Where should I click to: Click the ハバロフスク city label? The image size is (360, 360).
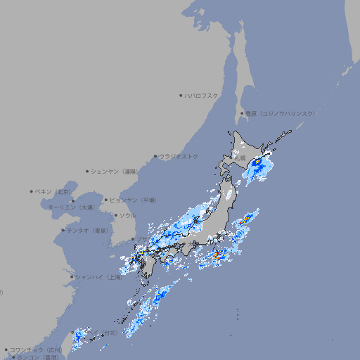tap(202, 95)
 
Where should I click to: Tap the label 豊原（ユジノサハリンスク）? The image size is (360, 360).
tap(280, 113)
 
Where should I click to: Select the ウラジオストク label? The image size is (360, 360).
tap(179, 156)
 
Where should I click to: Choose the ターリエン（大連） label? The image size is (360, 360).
tap(70, 207)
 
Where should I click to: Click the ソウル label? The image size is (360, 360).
tap(127, 215)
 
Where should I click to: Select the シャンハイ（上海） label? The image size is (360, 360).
tap(98, 277)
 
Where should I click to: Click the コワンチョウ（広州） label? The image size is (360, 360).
tap(35, 349)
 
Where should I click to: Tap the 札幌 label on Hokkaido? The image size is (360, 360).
tap(241, 158)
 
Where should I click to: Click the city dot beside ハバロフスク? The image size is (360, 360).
tap(181, 95)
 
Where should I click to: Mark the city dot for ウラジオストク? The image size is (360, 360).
tap(155, 156)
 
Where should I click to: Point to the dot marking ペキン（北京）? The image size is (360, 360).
tap(32, 191)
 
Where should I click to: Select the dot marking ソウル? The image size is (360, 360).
tap(115, 215)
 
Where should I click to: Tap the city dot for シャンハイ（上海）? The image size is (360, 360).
tap(72, 277)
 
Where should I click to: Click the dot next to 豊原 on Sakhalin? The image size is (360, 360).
tap(242, 113)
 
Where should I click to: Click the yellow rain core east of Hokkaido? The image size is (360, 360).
tap(257, 162)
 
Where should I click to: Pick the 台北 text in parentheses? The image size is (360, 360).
tap(109, 333)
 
